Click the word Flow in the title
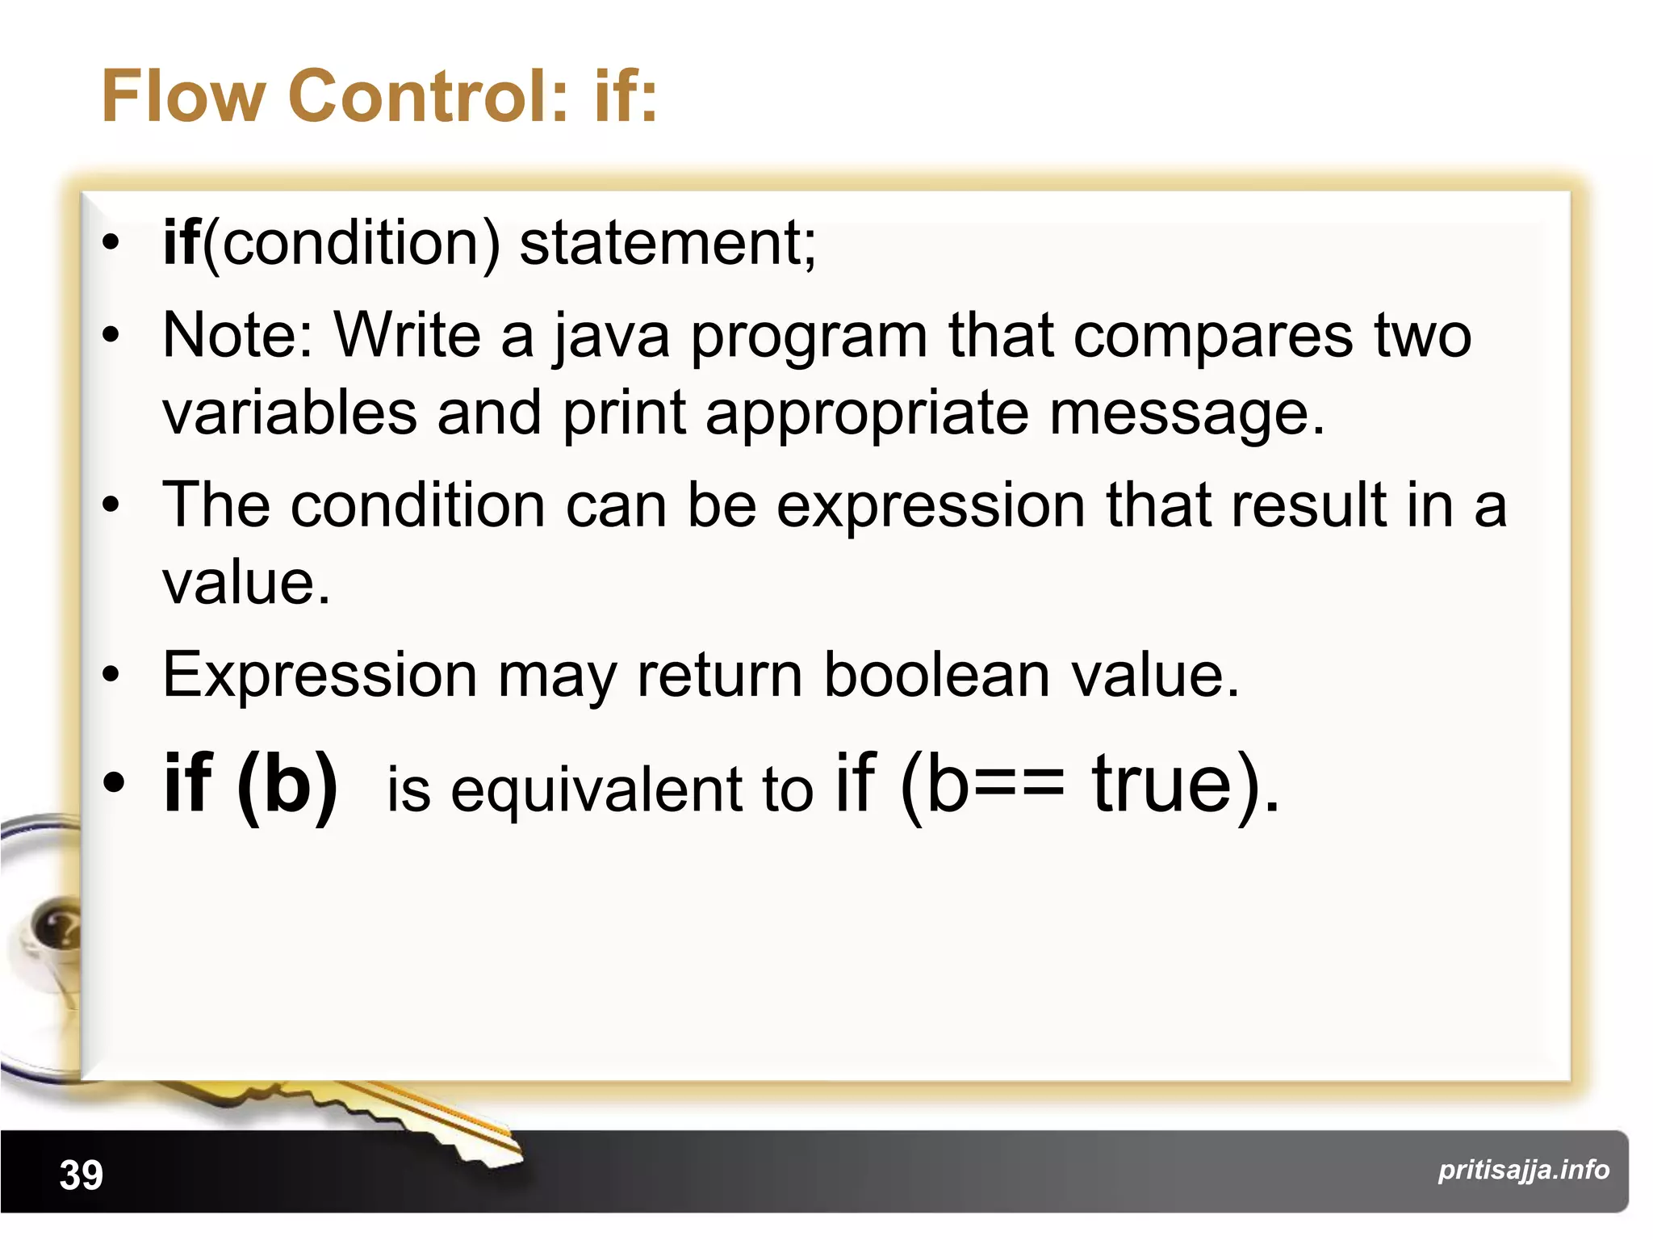point(183,96)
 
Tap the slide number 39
point(82,1175)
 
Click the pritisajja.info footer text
point(1523,1170)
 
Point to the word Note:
point(238,334)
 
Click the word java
point(611,336)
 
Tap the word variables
point(290,412)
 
